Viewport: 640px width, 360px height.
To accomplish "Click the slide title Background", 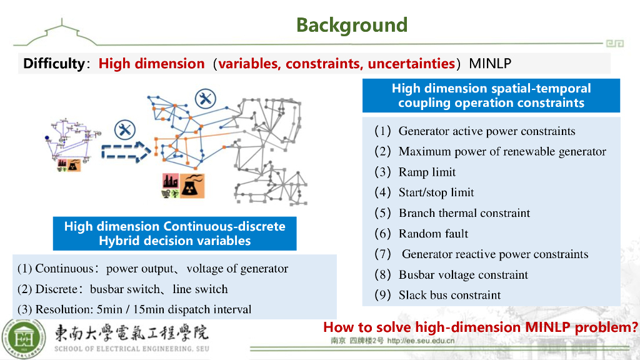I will pyautogui.click(x=351, y=25).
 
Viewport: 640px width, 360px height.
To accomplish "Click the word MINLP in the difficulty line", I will pyautogui.click(x=490, y=63).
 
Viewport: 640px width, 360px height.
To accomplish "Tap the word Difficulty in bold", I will pyautogui.click(x=53, y=63).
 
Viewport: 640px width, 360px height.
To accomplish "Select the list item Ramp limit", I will pyautogui.click(x=427, y=172).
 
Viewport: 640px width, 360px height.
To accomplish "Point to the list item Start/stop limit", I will pyautogui.click(x=436, y=192).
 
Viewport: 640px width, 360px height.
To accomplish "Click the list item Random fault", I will pyautogui.click(x=433, y=234).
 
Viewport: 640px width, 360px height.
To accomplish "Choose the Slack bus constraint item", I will pyautogui.click(x=449, y=295).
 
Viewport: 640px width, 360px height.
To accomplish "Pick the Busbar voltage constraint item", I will pyautogui.click(x=463, y=275).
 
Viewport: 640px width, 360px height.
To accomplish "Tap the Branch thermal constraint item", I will pyautogui.click(x=464, y=213).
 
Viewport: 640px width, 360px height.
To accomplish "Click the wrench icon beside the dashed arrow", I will pyautogui.click(x=125, y=130).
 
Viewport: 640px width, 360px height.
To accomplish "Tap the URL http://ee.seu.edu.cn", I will pyautogui.click(x=421, y=341).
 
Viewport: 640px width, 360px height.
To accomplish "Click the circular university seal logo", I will pyautogui.click(x=26, y=337).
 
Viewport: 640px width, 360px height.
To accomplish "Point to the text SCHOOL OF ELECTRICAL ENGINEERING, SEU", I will pyautogui.click(x=132, y=348).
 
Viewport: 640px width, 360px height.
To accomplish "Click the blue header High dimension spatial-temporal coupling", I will pyautogui.click(x=491, y=96).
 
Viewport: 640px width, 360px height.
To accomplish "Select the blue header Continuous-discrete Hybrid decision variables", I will pyautogui.click(x=174, y=233).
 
